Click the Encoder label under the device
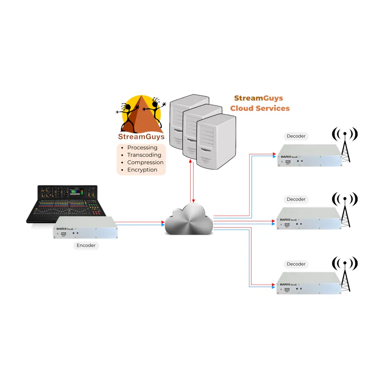86,246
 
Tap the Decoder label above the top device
296,136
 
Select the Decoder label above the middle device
296,199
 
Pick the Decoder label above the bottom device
296,264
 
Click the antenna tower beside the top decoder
345,143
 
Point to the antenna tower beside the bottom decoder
345,274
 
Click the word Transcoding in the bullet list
144,155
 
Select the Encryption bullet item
142,170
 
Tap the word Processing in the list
142,147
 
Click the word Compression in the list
145,163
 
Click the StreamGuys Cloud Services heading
260,103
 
